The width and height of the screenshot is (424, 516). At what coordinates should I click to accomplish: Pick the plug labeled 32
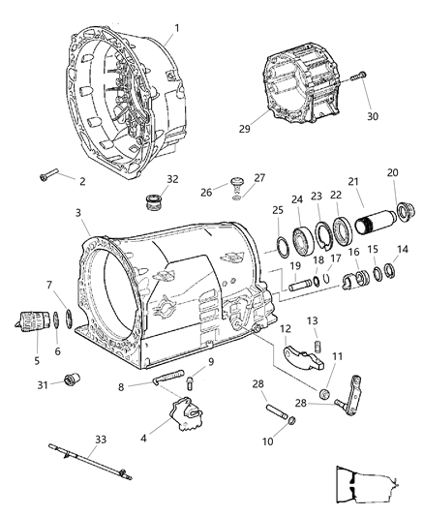[152, 204]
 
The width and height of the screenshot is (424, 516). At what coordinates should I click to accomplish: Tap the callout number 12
[287, 329]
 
